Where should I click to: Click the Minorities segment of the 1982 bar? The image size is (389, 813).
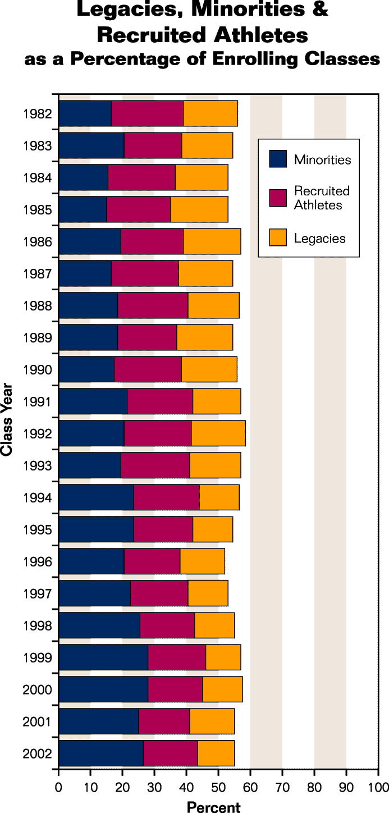85,113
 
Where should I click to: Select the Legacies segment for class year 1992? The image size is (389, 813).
218,433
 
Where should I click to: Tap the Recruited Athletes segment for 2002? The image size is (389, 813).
171,753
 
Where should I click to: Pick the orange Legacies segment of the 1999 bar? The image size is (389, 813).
223,657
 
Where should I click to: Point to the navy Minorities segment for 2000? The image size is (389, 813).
103,689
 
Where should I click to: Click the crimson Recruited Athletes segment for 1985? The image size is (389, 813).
139,209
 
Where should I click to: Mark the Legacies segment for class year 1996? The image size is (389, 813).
202,561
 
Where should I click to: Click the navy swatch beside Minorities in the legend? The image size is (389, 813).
278,159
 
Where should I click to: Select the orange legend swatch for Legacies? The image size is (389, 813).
278,238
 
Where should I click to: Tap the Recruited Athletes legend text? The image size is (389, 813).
322,198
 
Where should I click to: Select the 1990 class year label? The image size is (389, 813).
38,370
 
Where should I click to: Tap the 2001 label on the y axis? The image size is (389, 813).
38,722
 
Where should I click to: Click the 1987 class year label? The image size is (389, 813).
38,274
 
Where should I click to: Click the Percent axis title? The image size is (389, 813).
213,807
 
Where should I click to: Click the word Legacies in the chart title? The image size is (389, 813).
141,10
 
